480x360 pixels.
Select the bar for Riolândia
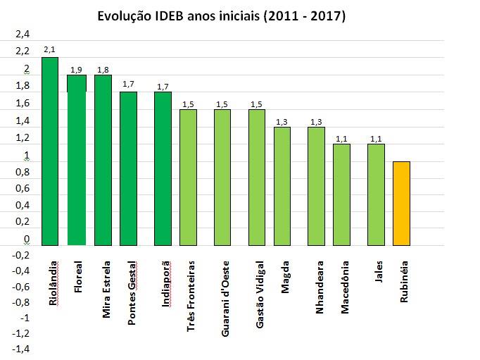pos(50,151)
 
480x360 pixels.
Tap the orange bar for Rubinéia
pos(401,204)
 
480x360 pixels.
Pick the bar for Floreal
pos(77,160)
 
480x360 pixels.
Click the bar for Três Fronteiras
pos(188,178)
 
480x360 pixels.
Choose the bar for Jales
pos(376,194)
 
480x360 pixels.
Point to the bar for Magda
pos(282,186)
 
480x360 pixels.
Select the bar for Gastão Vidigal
pos(257,178)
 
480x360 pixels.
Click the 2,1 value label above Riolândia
pos(49,50)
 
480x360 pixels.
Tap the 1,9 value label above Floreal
pos(77,68)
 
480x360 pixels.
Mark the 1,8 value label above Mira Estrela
pos(103,68)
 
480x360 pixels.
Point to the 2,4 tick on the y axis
pos(24,34)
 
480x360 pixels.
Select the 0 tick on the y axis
pos(27,240)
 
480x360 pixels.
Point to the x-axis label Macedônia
pos(345,288)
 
